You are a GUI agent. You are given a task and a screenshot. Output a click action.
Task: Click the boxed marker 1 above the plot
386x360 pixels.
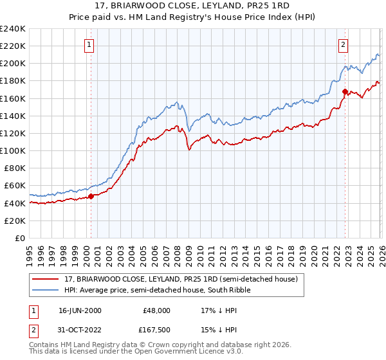pos(89,45)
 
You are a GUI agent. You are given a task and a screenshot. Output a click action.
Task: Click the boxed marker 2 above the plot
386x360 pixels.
pos(344,45)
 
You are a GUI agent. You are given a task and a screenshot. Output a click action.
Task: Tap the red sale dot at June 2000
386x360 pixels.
pos(91,196)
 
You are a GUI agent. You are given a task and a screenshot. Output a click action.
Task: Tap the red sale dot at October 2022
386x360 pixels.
pos(345,91)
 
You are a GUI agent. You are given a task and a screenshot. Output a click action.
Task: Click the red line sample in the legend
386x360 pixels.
pos(46,280)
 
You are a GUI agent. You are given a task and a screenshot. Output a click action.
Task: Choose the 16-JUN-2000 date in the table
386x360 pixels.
pos(80,310)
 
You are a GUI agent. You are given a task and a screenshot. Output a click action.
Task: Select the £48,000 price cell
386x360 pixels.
pos(156,310)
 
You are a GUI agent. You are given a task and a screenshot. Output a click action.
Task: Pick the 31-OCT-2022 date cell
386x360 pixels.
pos(80,330)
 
